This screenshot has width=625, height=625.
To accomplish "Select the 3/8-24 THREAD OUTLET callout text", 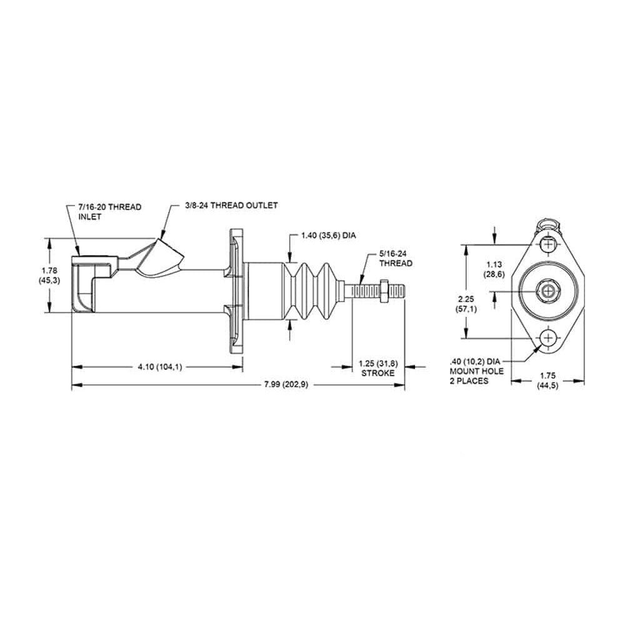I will click(231, 205).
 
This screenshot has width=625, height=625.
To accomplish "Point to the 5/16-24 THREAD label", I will click(395, 259).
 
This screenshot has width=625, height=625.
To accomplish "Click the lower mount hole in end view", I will click(549, 338).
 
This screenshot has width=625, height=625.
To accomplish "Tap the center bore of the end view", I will click(549, 291).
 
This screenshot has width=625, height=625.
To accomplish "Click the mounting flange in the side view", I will click(236, 291).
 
